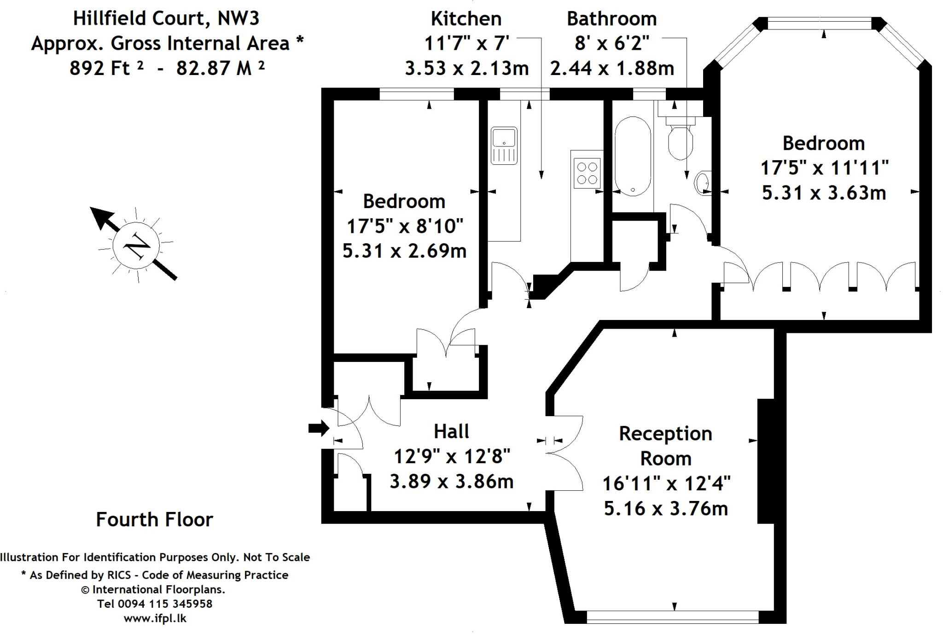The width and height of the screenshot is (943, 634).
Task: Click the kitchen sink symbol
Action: pos(504,145)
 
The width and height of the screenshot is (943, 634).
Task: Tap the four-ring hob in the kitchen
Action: pos(587,173)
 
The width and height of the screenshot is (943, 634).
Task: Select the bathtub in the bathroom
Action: pos(633,156)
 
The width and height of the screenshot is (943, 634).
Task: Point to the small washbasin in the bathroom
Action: pos(703,183)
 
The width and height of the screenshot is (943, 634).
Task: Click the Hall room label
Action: pos(451,431)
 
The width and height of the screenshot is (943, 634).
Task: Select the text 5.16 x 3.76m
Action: pos(666,509)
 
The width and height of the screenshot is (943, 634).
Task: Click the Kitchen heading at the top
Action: pos(466,19)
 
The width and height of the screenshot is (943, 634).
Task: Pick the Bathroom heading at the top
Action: pos(611,19)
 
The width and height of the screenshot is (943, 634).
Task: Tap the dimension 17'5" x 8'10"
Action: pos(405,226)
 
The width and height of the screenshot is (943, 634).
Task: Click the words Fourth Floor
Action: pos(154,519)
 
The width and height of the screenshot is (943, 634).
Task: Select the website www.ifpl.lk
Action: pos(155,618)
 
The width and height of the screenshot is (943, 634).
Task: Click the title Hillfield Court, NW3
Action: pos(166,18)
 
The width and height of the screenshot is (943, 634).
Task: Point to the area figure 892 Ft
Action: pos(106,68)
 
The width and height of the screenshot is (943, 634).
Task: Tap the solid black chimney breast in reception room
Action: pos(766,460)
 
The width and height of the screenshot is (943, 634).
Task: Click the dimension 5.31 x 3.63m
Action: pos(824,192)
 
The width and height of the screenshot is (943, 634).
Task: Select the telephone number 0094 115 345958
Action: pos(165,604)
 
